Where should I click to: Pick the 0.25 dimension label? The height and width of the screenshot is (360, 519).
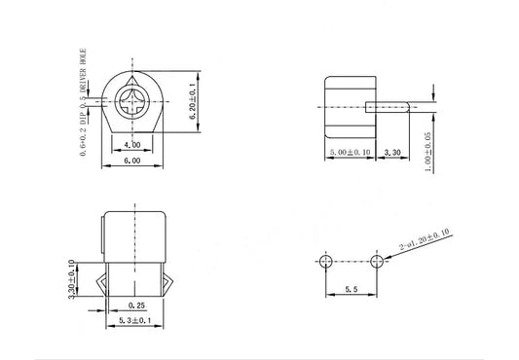(x=135, y=305)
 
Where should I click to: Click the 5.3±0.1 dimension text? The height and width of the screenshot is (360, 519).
(x=135, y=320)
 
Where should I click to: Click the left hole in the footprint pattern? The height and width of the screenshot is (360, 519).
(x=325, y=261)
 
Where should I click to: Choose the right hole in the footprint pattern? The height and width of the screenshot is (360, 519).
(x=378, y=261)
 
